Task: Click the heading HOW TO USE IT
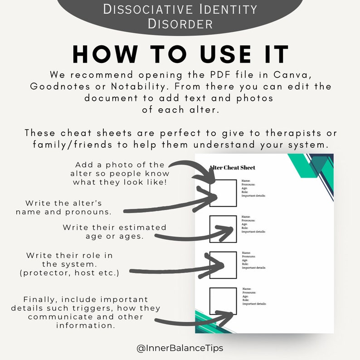[x=180, y=54]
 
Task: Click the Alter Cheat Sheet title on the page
[x=233, y=168]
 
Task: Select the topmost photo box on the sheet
[x=223, y=193]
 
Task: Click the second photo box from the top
[x=223, y=229]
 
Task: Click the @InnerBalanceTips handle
[x=180, y=349]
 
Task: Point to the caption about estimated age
[x=114, y=232]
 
